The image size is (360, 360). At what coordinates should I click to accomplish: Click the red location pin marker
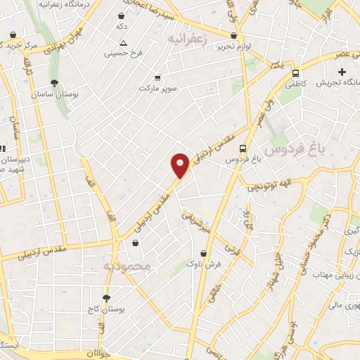pyautogui.click(x=181, y=165)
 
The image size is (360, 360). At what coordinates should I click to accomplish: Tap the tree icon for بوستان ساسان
pyautogui.click(x=55, y=83)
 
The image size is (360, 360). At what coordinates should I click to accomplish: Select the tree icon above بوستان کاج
pyautogui.click(x=107, y=298)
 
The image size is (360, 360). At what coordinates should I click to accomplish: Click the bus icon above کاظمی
pyautogui.click(x=295, y=72)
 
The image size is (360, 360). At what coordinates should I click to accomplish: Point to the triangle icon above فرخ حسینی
pyautogui.click(x=124, y=42)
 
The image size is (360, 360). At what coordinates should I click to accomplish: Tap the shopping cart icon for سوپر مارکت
pyautogui.click(x=157, y=77)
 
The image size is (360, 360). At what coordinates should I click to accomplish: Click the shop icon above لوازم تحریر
pyautogui.click(x=234, y=33)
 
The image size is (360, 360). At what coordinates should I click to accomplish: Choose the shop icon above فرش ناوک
pyautogui.click(x=204, y=253)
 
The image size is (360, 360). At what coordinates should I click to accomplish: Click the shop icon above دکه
pyautogui.click(x=122, y=15)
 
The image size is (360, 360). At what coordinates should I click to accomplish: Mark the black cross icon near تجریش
pyautogui.click(x=342, y=71)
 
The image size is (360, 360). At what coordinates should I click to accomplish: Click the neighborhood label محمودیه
pyautogui.click(x=127, y=267)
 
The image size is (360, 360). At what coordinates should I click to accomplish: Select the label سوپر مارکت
pyautogui.click(x=155, y=89)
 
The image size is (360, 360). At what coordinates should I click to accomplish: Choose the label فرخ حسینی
pyautogui.click(x=123, y=53)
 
